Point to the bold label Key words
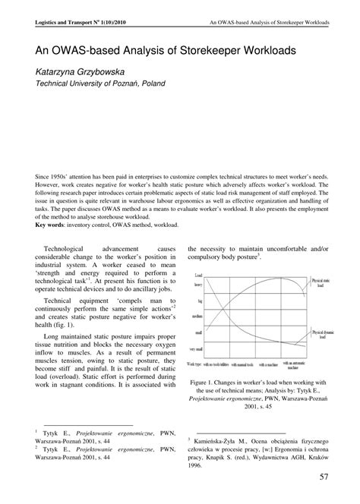click(46, 225)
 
